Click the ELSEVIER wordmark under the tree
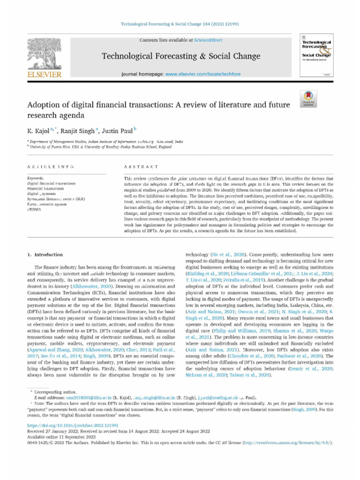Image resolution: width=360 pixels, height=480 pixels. (x=45, y=75)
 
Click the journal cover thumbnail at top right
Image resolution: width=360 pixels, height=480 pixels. (x=316, y=56)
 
